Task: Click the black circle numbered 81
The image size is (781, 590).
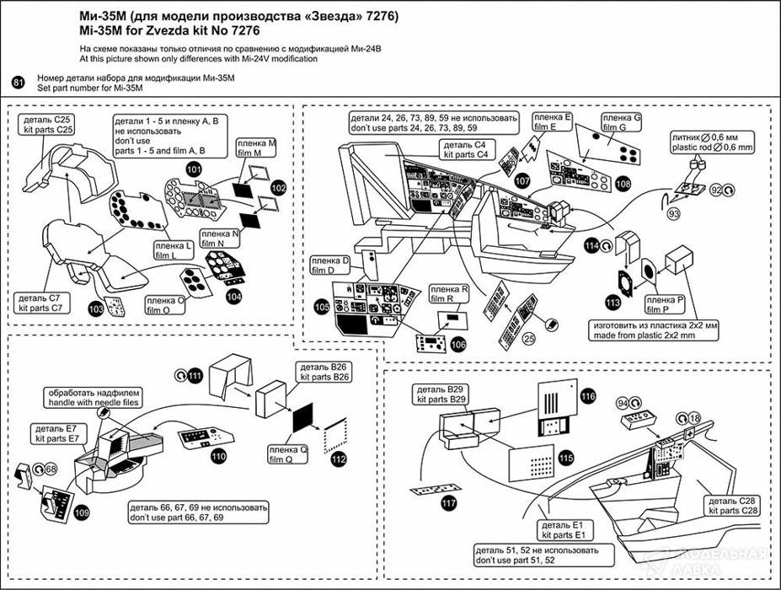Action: pos(18,81)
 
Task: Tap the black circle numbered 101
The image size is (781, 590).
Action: pos(195,169)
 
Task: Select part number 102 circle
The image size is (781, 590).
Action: pos(279,188)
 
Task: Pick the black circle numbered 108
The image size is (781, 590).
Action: pos(623,182)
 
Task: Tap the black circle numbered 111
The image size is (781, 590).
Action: pos(195,374)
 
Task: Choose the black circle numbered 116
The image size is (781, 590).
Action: pos(587,396)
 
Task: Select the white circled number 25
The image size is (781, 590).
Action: pos(528,339)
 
